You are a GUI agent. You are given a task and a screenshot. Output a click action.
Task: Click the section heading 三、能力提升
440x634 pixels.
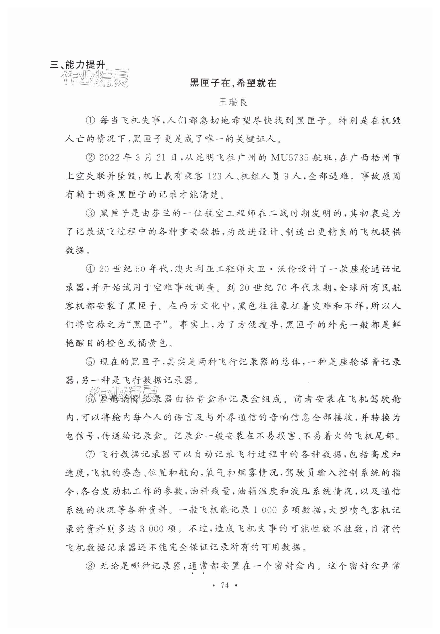(x=77, y=65)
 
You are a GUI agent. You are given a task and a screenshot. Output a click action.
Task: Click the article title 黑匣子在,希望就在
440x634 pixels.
(x=233, y=83)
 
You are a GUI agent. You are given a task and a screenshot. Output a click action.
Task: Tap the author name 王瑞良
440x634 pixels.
(x=233, y=102)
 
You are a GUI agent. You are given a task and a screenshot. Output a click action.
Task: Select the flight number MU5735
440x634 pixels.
(x=289, y=158)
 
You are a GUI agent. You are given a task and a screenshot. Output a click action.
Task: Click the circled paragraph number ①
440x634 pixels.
(x=90, y=121)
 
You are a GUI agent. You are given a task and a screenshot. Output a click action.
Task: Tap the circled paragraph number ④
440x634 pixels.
(x=90, y=269)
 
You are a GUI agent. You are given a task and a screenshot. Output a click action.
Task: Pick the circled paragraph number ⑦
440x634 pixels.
(x=90, y=455)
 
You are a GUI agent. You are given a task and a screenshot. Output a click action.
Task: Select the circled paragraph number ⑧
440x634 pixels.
(x=90, y=566)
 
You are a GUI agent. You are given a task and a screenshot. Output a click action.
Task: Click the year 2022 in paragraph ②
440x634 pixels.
(x=109, y=158)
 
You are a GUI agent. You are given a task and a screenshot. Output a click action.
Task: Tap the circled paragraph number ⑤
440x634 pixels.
(x=90, y=362)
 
